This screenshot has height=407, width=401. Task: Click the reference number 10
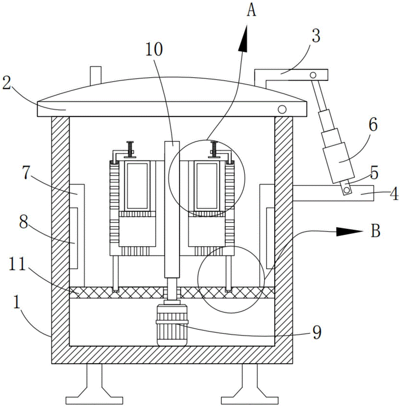pyautogui.click(x=154, y=49)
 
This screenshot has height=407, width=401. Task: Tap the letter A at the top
pyautogui.click(x=251, y=11)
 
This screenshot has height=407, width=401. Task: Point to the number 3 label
pyautogui.click(x=316, y=35)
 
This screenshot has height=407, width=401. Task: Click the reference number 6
pyautogui.click(x=373, y=125)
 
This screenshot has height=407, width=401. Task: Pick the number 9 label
pyautogui.click(x=317, y=333)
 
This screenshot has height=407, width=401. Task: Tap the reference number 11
pyautogui.click(x=17, y=264)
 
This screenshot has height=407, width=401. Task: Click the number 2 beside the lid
pyautogui.click(x=7, y=83)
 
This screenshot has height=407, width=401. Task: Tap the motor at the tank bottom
pyautogui.click(x=172, y=325)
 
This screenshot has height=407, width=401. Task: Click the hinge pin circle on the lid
pyautogui.click(x=282, y=109)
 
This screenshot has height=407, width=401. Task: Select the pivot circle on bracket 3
pyautogui.click(x=313, y=75)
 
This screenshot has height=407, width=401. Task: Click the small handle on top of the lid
pyautogui.click(x=96, y=75)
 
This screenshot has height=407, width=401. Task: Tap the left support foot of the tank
pyautogui.click(x=94, y=384)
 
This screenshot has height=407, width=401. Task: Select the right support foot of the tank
pyautogui.click(x=250, y=384)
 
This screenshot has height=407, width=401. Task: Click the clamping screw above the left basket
pyautogui.click(x=130, y=149)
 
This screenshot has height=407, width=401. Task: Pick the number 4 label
pyautogui.click(x=394, y=194)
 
